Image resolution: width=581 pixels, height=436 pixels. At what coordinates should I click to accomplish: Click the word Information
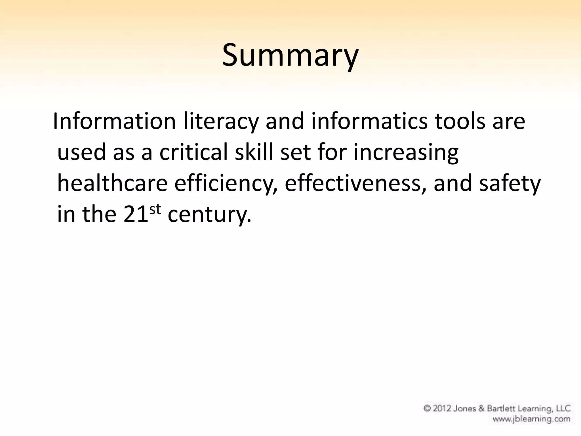114,121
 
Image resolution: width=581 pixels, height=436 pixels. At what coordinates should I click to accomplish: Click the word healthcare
112,183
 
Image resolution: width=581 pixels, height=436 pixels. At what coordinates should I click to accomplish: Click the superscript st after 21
155,209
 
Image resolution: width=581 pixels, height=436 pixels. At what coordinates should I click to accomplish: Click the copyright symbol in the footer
427,408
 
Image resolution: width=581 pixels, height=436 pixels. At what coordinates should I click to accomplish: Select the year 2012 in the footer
443,408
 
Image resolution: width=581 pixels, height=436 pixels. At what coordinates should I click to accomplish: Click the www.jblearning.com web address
531,419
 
